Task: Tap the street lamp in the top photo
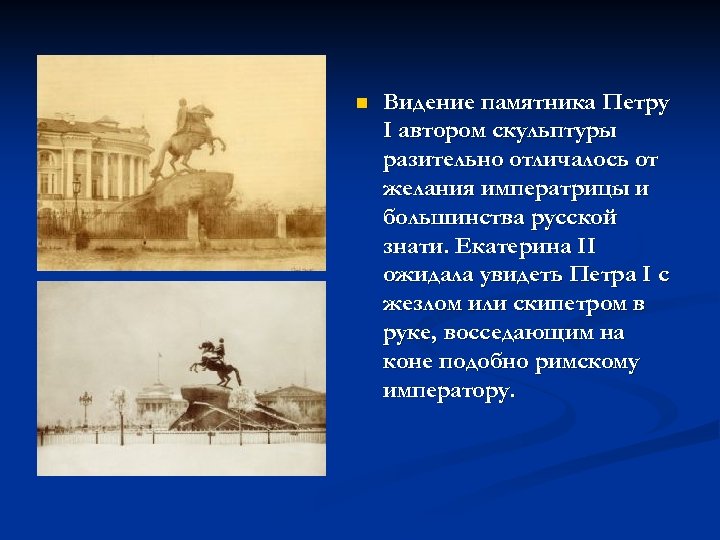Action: (x=76, y=195)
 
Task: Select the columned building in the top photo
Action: (x=95, y=160)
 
